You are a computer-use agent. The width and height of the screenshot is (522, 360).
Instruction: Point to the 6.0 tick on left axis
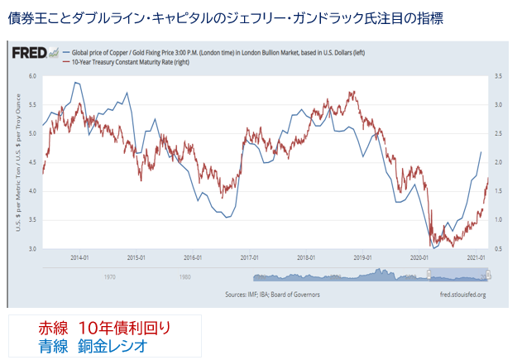(x=33, y=76)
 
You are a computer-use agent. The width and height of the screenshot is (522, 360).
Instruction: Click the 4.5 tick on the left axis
(x=33, y=162)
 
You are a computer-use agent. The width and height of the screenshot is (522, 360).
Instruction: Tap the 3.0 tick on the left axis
(x=33, y=248)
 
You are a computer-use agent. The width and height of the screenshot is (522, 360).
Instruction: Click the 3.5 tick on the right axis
(x=496, y=76)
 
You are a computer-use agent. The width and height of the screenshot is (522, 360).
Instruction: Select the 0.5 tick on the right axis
(x=496, y=248)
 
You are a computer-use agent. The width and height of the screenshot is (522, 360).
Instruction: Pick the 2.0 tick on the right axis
(x=496, y=162)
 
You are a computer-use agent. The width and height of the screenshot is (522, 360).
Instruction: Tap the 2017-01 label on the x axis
(x=249, y=257)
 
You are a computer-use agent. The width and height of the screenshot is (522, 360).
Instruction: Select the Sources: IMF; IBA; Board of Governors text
(x=272, y=294)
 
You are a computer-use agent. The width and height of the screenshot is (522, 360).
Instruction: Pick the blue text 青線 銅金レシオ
(x=93, y=343)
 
